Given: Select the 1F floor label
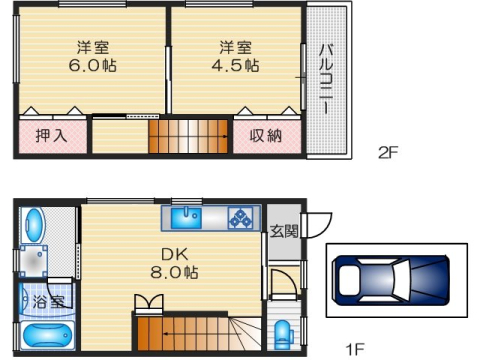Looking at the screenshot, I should (355, 349).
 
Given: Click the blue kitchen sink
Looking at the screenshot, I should (186, 216).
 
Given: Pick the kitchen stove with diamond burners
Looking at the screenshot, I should (240, 217).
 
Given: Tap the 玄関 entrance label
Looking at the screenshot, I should (283, 232).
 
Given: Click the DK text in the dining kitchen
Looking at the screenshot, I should (165, 252).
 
